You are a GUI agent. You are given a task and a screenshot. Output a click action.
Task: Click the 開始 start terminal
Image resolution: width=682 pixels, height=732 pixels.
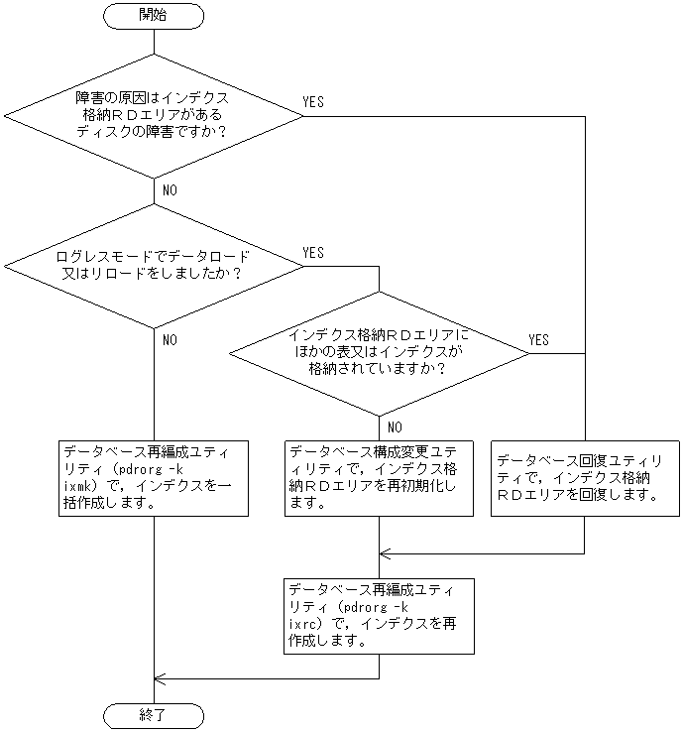click(x=154, y=15)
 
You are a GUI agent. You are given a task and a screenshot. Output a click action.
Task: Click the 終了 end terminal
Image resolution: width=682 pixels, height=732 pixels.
click(x=154, y=715)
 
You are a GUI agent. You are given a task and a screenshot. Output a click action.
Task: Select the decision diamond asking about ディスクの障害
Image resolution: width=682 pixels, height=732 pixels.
click(x=154, y=116)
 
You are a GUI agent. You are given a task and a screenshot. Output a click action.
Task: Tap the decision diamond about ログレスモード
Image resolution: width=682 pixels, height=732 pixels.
click(x=154, y=265)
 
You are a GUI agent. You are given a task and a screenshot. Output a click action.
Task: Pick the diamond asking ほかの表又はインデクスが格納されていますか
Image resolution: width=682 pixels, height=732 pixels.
click(x=379, y=352)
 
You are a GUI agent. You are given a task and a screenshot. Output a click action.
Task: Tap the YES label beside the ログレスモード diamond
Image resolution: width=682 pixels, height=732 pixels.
click(x=312, y=253)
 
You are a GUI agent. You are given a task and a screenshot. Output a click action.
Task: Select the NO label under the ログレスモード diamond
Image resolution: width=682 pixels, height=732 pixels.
click(x=169, y=339)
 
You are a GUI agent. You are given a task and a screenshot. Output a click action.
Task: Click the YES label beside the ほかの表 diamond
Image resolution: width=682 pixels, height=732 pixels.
click(x=538, y=339)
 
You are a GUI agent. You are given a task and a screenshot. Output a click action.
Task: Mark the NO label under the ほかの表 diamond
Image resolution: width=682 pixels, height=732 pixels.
click(x=394, y=427)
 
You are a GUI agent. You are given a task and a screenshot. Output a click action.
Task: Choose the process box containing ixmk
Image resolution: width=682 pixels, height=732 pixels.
click(x=154, y=477)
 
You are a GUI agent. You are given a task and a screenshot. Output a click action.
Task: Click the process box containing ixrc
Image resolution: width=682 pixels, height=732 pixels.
click(x=379, y=614)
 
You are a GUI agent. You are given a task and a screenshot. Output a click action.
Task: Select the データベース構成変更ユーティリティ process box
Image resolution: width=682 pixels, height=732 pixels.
click(x=379, y=477)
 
